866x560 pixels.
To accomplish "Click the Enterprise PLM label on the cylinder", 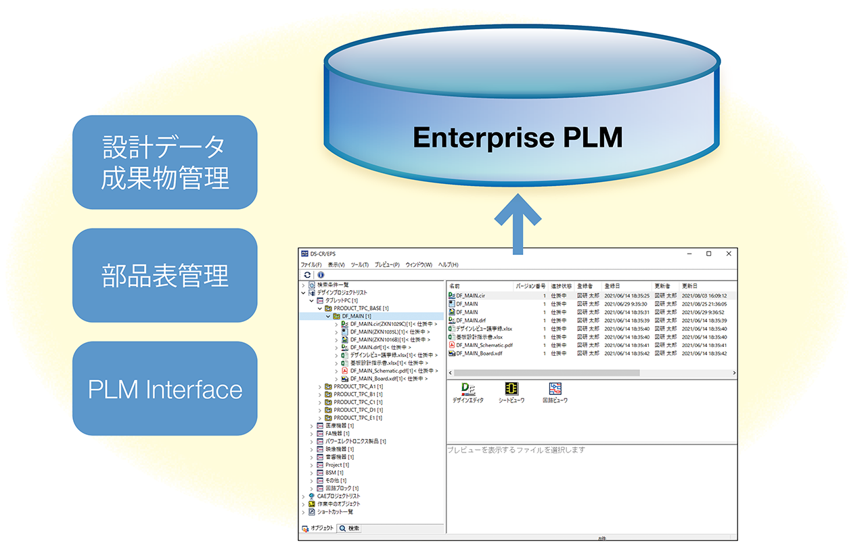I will (518, 137).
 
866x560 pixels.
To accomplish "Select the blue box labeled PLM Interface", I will (164, 389).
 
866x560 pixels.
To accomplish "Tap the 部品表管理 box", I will (164, 275).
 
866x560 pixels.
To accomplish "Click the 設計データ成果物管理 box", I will (164, 162).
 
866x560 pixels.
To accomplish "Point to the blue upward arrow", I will (518, 223).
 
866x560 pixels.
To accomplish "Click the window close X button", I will (729, 254).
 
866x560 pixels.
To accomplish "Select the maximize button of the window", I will (708, 254).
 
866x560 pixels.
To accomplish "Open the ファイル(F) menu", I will (311, 264).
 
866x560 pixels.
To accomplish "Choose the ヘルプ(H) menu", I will (448, 264).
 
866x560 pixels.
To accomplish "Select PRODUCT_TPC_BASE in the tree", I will (361, 308).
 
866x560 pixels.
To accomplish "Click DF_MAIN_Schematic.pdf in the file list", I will (484, 345).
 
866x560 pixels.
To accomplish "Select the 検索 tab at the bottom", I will (350, 528).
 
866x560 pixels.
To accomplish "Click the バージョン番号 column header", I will (530, 286).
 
